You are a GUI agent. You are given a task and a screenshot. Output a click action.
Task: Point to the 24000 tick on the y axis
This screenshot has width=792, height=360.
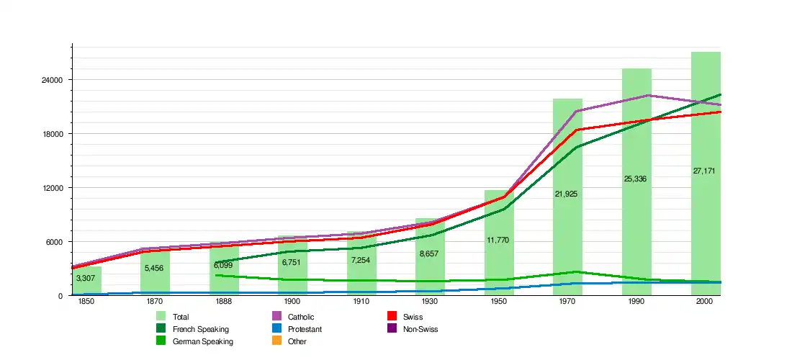pyautogui.click(x=55, y=80)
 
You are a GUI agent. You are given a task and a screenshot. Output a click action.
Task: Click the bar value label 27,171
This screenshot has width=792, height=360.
pyautogui.click(x=704, y=171)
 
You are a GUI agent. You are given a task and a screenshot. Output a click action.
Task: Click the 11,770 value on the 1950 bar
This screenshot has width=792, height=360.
pyautogui.click(x=498, y=240)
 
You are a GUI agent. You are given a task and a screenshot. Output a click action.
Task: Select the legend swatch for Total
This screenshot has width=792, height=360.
pyautogui.click(x=161, y=316)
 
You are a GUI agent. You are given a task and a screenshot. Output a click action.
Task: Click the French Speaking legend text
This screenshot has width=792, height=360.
pyautogui.click(x=201, y=329)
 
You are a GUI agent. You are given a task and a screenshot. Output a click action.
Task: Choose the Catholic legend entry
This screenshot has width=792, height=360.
pyautogui.click(x=301, y=317)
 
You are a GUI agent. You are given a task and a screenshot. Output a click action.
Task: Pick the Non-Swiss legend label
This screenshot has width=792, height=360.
pyautogui.click(x=420, y=329)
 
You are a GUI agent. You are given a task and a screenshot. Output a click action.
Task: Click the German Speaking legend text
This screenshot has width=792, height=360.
pyautogui.click(x=203, y=341)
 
